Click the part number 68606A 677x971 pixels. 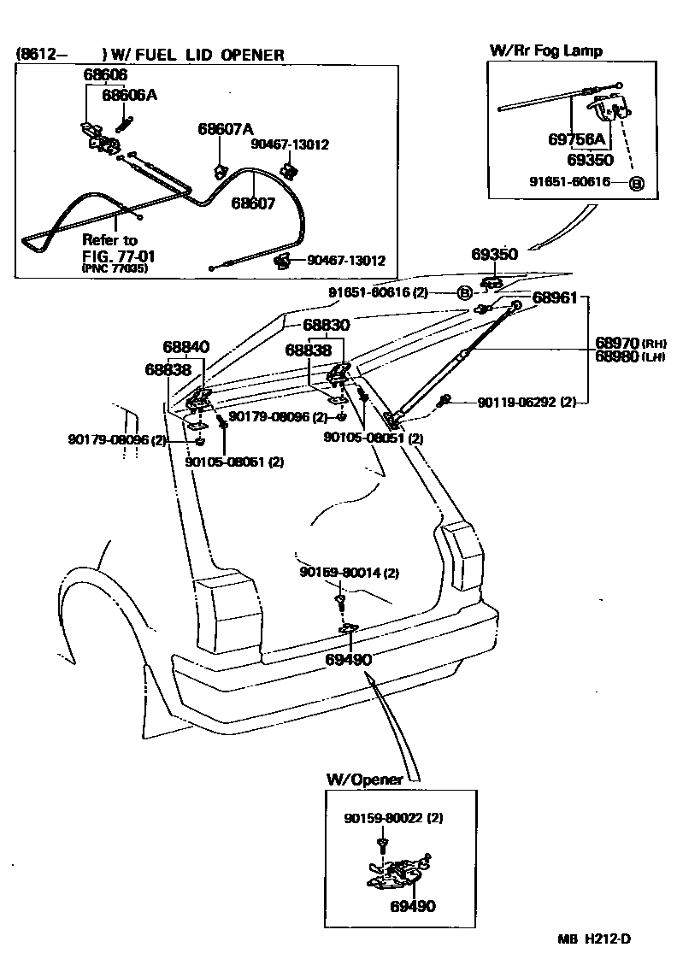point(129,96)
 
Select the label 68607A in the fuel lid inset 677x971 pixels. point(226,129)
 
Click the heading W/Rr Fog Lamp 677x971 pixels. point(545,50)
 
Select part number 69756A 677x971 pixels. point(576,139)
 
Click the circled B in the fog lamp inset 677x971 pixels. point(635,184)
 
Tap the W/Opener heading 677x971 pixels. point(364,780)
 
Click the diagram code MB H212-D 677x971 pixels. point(595,939)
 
